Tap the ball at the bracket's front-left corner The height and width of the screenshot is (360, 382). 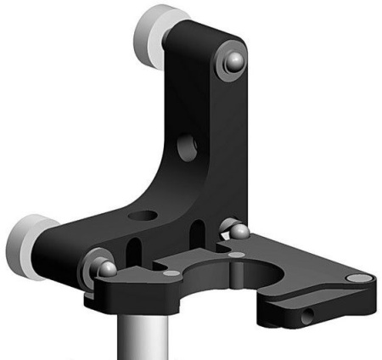tap(108, 269)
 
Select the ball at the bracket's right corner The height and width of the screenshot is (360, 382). tap(239, 232)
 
